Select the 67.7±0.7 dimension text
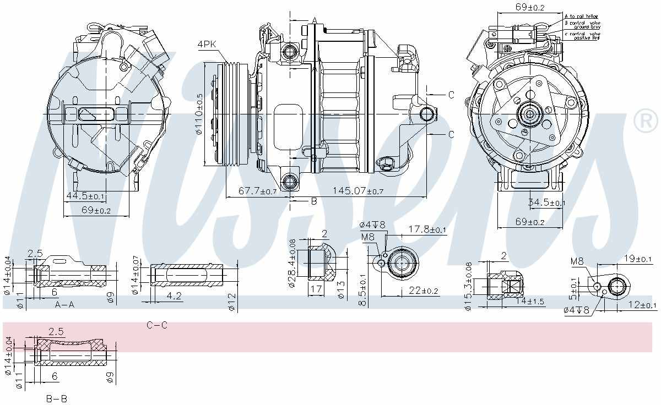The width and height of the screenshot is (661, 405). [x=258, y=190]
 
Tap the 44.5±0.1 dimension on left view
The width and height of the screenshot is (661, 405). [x=85, y=196]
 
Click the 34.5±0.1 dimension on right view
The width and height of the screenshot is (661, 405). [x=546, y=202]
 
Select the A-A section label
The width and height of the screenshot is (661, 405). [x=64, y=305]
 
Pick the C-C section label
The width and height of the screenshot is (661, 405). [x=156, y=326]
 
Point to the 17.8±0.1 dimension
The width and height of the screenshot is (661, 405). [x=427, y=229]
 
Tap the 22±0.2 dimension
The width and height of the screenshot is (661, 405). [x=423, y=291]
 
